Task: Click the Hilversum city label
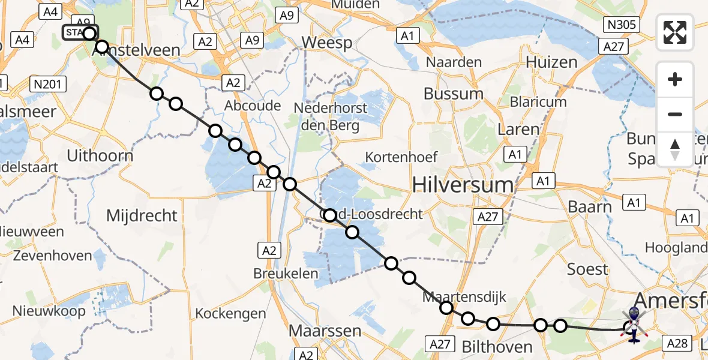[463, 185]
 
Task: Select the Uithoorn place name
[99, 155]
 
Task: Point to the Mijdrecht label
[142, 215]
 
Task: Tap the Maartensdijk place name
[464, 296]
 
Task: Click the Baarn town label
[590, 207]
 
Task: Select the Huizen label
[551, 62]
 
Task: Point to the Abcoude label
[253, 106]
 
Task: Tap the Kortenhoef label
[401, 157]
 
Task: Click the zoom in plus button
[675, 79]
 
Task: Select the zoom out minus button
[675, 114]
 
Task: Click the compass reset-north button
[675, 149]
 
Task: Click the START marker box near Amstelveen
[77, 32]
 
